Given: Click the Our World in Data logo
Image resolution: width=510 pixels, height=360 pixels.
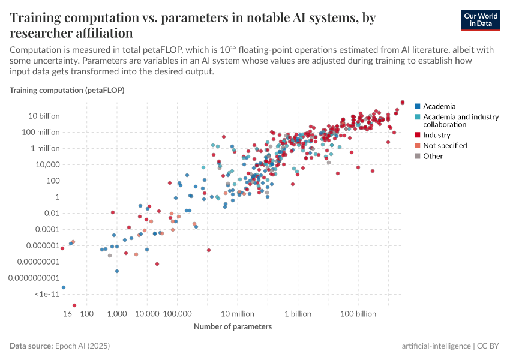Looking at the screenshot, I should [485, 20].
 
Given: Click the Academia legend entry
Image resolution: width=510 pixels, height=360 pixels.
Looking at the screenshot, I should [439, 106].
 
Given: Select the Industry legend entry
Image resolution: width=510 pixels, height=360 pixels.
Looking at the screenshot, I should [436, 135].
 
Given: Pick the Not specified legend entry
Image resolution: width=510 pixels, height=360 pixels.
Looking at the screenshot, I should [445, 145].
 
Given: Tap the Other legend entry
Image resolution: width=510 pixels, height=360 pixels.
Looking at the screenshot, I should [433, 156].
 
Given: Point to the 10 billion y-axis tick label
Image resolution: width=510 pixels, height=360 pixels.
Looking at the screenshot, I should [42, 116].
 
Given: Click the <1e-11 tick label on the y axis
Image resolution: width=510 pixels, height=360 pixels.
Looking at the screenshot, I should [47, 294].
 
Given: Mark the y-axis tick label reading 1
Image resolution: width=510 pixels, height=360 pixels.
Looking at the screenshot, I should [56, 197].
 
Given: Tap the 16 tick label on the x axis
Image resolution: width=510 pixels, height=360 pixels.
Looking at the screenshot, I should [68, 314].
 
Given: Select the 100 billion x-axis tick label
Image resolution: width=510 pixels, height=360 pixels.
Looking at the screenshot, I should [358, 314].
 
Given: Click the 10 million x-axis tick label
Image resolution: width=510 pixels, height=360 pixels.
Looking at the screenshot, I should [237, 314].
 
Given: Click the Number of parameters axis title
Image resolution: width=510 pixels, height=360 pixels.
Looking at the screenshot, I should [233, 327].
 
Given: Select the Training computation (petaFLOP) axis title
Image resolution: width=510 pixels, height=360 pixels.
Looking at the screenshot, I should [67, 90].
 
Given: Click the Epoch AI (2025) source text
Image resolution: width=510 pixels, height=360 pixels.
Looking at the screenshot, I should [82, 346].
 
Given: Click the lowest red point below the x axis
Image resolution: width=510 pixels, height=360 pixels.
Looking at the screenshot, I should [74, 305].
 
